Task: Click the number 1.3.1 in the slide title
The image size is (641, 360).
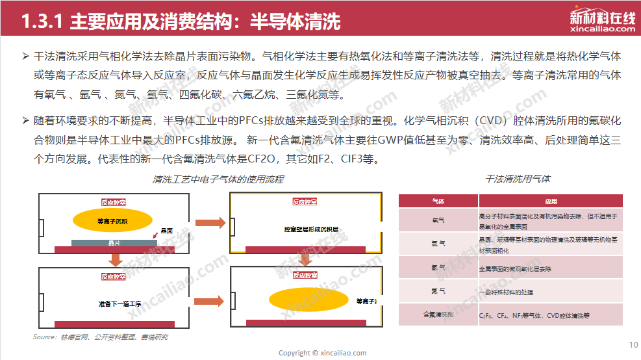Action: pyautogui.click(x=40, y=22)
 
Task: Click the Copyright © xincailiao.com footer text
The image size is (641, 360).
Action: pyautogui.click(x=322, y=353)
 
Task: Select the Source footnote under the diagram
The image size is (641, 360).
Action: pyautogui.click(x=101, y=337)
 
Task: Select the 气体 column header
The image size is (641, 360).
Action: pyautogui.click(x=438, y=201)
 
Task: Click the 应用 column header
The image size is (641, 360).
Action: pyautogui.click(x=551, y=201)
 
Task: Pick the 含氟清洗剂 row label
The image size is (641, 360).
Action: pyautogui.click(x=438, y=315)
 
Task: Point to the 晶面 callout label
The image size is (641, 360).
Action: pyautogui.click(x=166, y=231)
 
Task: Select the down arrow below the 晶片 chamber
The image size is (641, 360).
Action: pyautogui.click(x=116, y=260)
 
